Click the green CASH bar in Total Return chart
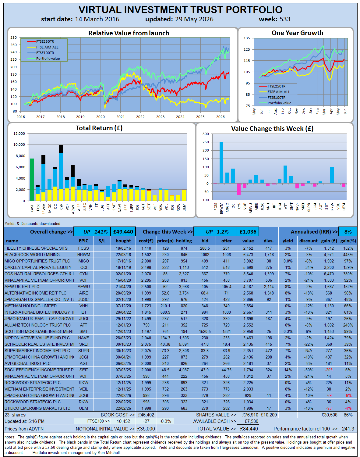[x=32, y=180]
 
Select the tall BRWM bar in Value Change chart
[x=221, y=162]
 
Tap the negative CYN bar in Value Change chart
[x=239, y=189]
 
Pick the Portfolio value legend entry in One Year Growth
[x=275, y=103]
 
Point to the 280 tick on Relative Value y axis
[x=13, y=37]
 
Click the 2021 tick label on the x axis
[x=120, y=116]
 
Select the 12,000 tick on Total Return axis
[x=19, y=134]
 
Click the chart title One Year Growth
[x=297, y=33]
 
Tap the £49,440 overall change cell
[x=123, y=232]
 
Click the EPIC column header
[x=83, y=241]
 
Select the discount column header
[x=308, y=241]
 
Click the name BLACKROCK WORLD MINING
[x=32, y=255]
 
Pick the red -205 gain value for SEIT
[x=329, y=370]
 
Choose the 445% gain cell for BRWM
[x=348, y=255]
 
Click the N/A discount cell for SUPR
[x=309, y=351]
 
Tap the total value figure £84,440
[x=249, y=429]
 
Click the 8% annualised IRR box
[x=348, y=232]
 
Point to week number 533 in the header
[x=285, y=19]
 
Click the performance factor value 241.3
[x=348, y=429]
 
